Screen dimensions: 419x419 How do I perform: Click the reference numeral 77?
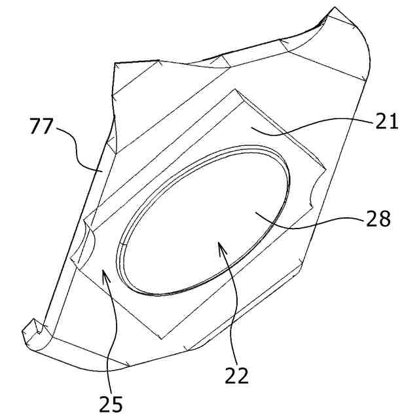pos(43,126)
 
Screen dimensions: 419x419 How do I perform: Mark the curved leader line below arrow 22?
pos(232,308)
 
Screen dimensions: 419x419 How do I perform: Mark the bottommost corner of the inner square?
pos(161,340)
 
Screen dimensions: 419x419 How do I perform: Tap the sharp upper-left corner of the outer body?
pos(115,64)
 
